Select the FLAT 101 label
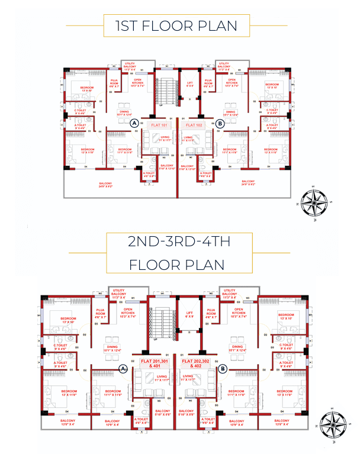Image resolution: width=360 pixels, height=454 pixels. click(x=160, y=125)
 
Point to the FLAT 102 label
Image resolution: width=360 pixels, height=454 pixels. click(x=194, y=125)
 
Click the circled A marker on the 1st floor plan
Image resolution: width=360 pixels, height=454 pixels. click(x=134, y=123)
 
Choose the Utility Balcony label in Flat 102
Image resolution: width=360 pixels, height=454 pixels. click(x=224, y=66)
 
